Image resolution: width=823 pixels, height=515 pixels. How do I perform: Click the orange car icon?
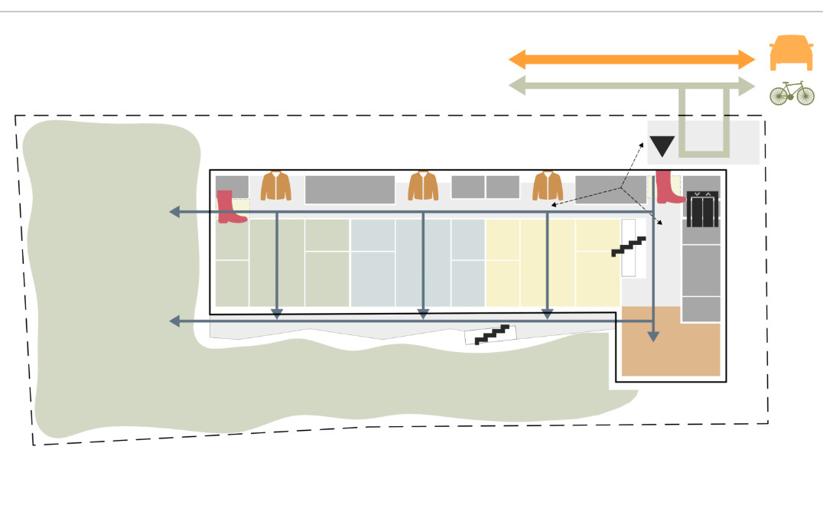(x=792, y=53)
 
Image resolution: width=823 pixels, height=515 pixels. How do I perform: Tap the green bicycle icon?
(x=792, y=93)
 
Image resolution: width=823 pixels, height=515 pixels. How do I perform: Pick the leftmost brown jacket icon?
(x=276, y=186)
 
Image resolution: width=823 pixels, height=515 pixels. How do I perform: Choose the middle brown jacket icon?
(x=423, y=186)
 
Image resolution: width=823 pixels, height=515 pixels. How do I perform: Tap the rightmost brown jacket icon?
(x=548, y=186)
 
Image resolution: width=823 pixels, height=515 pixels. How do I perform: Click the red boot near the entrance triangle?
(x=670, y=187)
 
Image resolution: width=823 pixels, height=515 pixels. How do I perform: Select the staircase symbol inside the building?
(x=629, y=246)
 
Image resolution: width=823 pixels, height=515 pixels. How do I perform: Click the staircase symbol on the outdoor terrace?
(x=491, y=334)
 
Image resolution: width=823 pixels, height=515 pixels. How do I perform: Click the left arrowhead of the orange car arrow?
(x=516, y=59)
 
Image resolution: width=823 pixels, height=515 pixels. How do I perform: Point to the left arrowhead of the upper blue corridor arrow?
(x=174, y=212)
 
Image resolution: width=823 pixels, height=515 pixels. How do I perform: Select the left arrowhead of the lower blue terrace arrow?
(x=174, y=321)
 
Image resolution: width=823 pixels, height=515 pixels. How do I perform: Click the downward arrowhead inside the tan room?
(x=653, y=335)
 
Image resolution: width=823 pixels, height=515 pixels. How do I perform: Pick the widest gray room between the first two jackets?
(x=350, y=189)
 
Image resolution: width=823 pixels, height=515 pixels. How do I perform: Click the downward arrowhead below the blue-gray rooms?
(x=423, y=314)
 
